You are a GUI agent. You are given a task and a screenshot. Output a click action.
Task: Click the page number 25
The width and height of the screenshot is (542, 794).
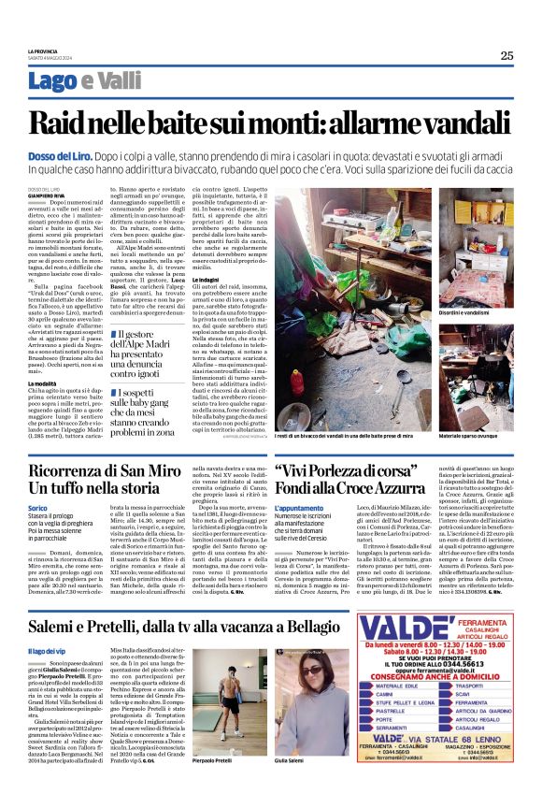506,55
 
